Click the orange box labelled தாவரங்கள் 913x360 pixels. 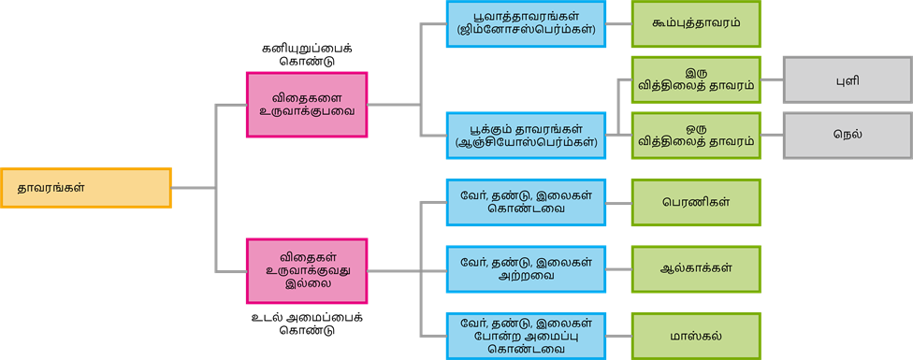click(x=86, y=188)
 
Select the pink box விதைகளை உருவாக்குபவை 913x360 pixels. click(x=306, y=103)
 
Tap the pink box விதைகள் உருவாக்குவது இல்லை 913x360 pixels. click(x=306, y=271)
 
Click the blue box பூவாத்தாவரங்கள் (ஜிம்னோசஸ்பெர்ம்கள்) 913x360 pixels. click(x=526, y=24)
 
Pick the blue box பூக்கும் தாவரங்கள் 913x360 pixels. click(x=526, y=136)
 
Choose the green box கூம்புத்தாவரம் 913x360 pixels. click(x=696, y=24)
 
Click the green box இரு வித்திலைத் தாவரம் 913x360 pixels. click(x=696, y=79)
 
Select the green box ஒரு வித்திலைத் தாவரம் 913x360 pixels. click(x=696, y=136)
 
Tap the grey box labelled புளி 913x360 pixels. click(x=847, y=79)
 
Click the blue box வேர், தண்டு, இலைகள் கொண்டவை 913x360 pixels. click(x=526, y=202)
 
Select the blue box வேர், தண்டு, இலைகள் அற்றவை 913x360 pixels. click(x=526, y=269)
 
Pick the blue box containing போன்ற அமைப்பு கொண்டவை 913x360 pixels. click(x=526, y=336)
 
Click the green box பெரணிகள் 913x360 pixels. click(x=696, y=202)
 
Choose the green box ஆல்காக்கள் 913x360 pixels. click(x=696, y=269)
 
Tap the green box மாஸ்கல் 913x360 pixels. click(x=696, y=336)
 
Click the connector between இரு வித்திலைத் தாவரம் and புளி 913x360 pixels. click(x=772, y=79)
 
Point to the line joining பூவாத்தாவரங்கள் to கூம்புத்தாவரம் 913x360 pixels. click(x=619, y=24)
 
